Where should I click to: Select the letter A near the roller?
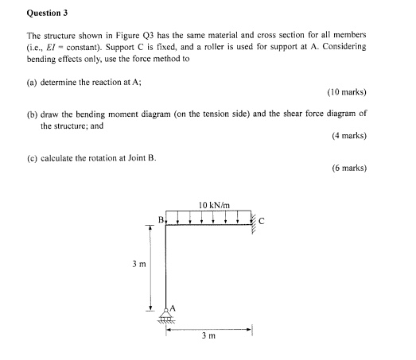(x=173, y=308)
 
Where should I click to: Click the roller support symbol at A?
(x=166, y=317)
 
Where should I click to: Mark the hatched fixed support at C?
(x=253, y=222)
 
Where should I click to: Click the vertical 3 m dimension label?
(x=136, y=267)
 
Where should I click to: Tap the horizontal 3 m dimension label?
(x=208, y=336)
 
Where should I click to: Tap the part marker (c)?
(x=33, y=156)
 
